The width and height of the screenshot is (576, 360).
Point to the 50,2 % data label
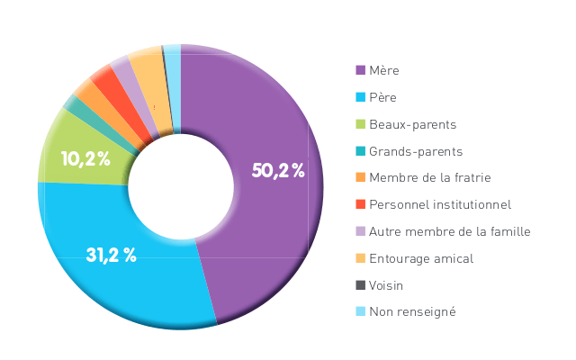(278, 171)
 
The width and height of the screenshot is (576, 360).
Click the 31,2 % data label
(111, 255)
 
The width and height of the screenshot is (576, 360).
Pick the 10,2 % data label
(85, 160)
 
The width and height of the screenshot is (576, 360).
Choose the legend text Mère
(384, 70)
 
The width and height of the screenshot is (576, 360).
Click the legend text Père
(382, 97)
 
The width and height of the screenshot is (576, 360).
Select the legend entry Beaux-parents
(412, 124)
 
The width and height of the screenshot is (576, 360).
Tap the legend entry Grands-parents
(416, 151)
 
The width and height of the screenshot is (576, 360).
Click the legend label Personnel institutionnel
(440, 204)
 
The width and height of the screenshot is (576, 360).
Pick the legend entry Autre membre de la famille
(449, 231)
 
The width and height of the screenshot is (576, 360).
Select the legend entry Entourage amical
(421, 258)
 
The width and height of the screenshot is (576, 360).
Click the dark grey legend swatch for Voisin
(360, 285)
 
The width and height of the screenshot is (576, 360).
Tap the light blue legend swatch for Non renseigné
(360, 311)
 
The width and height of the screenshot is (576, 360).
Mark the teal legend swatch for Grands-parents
(360, 151)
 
